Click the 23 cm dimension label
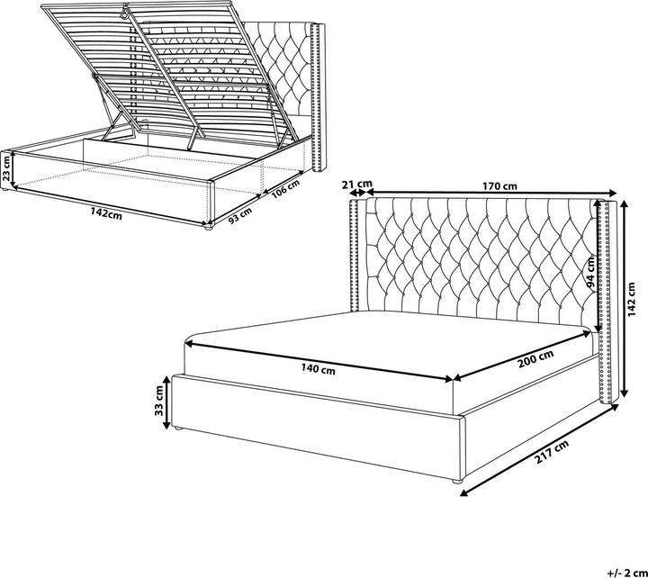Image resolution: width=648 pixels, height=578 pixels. [6, 167]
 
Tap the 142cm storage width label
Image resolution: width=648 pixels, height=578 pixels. [106, 213]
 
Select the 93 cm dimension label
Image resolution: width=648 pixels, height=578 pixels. [239, 215]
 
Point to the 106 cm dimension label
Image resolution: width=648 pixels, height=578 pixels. [285, 189]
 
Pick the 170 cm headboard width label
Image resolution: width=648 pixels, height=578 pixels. [499, 186]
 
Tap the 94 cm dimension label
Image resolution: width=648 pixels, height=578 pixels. [590, 271]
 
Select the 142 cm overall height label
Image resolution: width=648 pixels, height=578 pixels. [631, 299]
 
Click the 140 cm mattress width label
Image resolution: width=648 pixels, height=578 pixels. [318, 368]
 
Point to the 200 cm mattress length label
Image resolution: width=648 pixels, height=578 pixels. [535, 359]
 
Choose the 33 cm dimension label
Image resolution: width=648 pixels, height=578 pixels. [158, 401]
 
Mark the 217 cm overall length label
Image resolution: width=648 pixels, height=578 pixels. [552, 452]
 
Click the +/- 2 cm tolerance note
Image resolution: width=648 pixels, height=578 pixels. [627, 573]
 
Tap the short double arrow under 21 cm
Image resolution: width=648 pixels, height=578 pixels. [357, 193]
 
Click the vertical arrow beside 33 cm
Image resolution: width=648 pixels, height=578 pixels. [166, 402]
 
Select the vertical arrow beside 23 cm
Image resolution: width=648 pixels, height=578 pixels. [13, 168]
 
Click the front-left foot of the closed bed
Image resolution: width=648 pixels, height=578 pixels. [178, 429]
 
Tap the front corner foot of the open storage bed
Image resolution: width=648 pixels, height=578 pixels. [208, 227]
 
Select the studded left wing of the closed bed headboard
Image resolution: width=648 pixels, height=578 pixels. [355, 255]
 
